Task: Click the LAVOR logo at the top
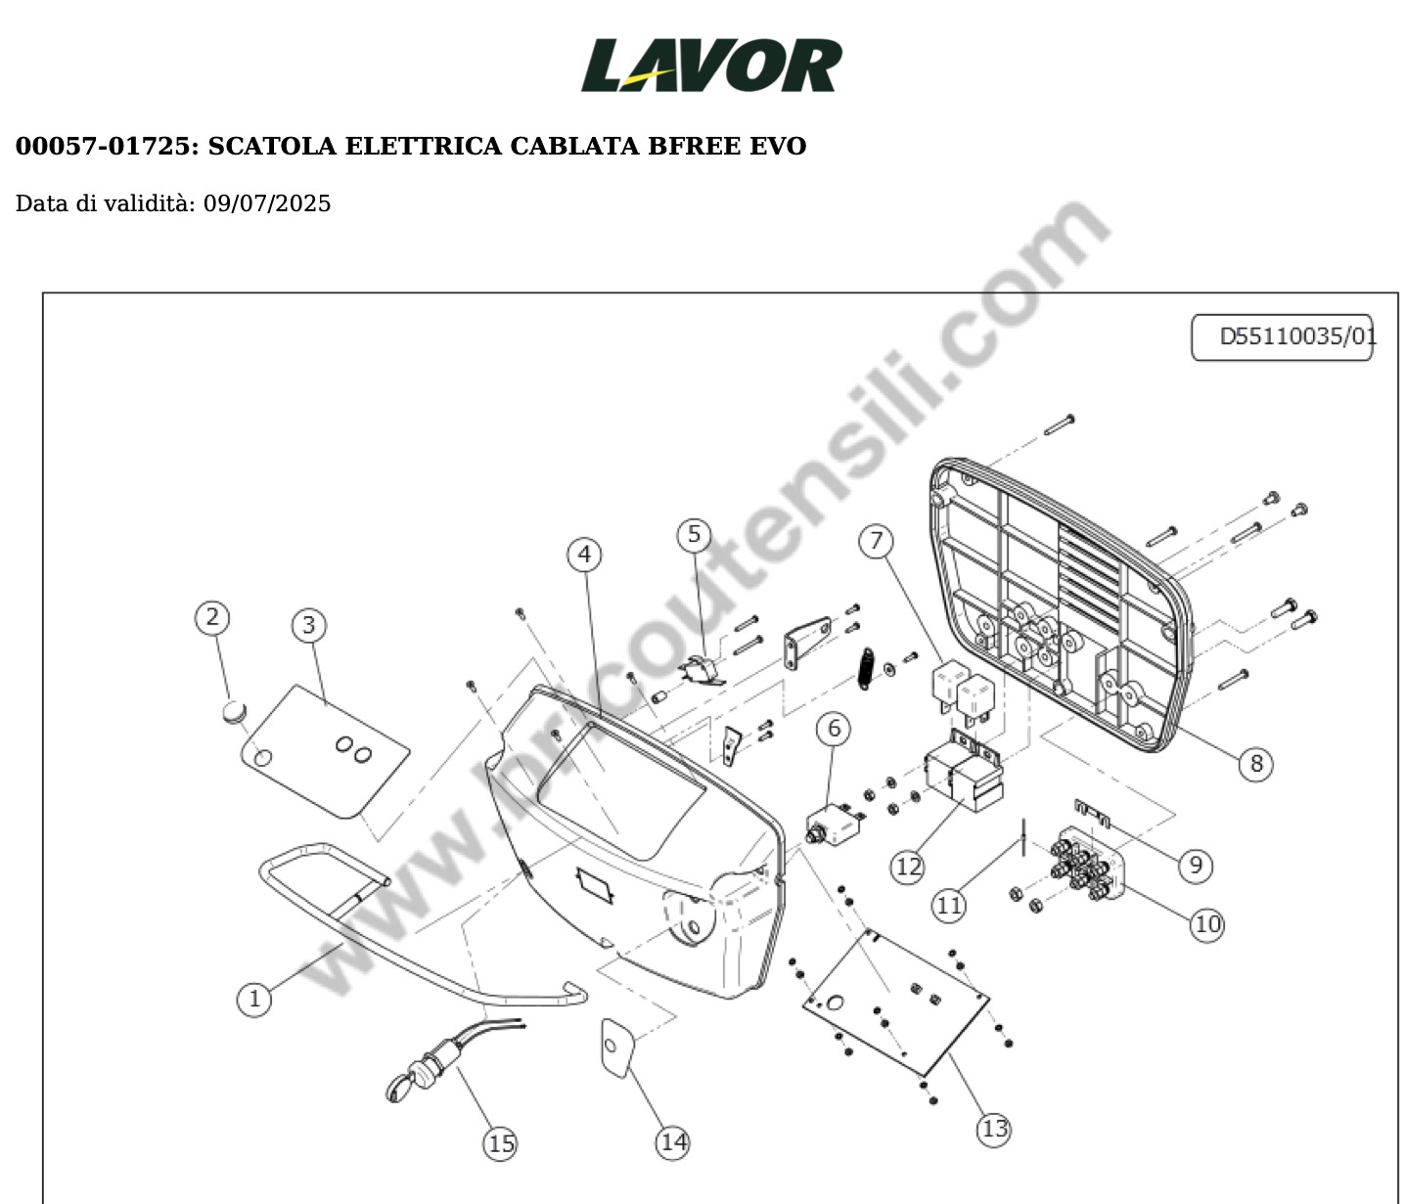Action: (x=711, y=65)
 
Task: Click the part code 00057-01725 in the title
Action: (x=103, y=146)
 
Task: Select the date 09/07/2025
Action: (x=267, y=203)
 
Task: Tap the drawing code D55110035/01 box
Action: (x=1282, y=337)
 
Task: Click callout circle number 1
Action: (x=254, y=999)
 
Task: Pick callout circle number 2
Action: (x=212, y=617)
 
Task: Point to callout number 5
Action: (x=694, y=535)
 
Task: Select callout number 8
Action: (x=1255, y=765)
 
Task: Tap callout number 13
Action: (x=994, y=1130)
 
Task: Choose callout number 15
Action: (x=500, y=1144)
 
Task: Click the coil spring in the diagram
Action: (x=866, y=669)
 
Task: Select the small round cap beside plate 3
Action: (x=234, y=712)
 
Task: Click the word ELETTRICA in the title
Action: (x=423, y=146)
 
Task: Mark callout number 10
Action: (x=1207, y=924)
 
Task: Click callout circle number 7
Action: (x=877, y=541)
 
